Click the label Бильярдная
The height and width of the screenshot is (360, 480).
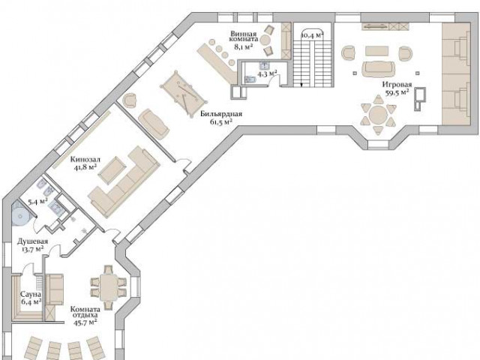(x=221, y=114)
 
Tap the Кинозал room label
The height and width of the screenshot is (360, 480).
(x=85, y=160)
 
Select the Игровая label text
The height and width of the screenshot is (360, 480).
(x=397, y=85)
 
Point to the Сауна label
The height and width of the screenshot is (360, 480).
(x=31, y=295)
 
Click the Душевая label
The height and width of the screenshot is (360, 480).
(x=32, y=241)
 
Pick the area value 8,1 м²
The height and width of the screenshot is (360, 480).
(x=244, y=46)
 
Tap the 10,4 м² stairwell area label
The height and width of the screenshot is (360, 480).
(x=313, y=35)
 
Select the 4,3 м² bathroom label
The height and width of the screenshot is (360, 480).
(x=267, y=73)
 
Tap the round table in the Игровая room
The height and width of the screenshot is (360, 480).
(x=378, y=115)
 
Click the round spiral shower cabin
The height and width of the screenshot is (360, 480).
(x=21, y=216)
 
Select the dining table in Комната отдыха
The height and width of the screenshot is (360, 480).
(x=109, y=287)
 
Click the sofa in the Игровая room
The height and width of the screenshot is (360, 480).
(x=378, y=69)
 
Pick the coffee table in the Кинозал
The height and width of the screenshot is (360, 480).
(x=112, y=169)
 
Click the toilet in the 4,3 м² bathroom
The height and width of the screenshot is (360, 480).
(x=250, y=79)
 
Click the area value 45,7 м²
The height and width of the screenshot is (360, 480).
(x=85, y=322)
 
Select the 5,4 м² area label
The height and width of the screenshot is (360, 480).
(x=37, y=202)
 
